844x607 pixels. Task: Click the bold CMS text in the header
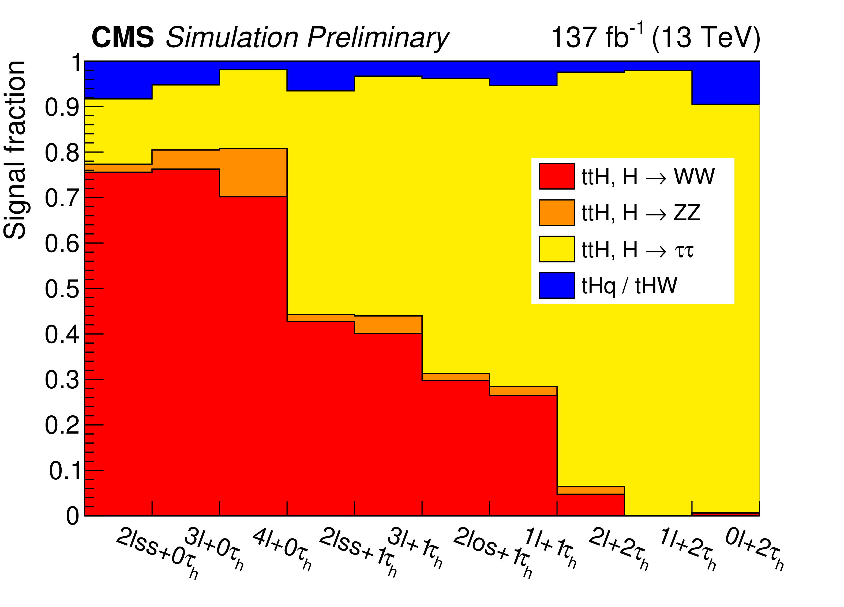(x=122, y=37)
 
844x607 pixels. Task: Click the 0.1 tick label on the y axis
(x=64, y=471)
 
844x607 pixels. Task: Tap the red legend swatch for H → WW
(x=556, y=176)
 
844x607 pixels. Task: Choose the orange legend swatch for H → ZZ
(x=556, y=213)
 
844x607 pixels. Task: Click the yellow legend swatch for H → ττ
(x=556, y=249)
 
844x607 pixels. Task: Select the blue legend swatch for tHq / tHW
(x=556, y=285)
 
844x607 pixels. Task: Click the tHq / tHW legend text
(x=629, y=286)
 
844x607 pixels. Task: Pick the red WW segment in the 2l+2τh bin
(x=591, y=505)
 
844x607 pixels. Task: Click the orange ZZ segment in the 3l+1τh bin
(x=388, y=324)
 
